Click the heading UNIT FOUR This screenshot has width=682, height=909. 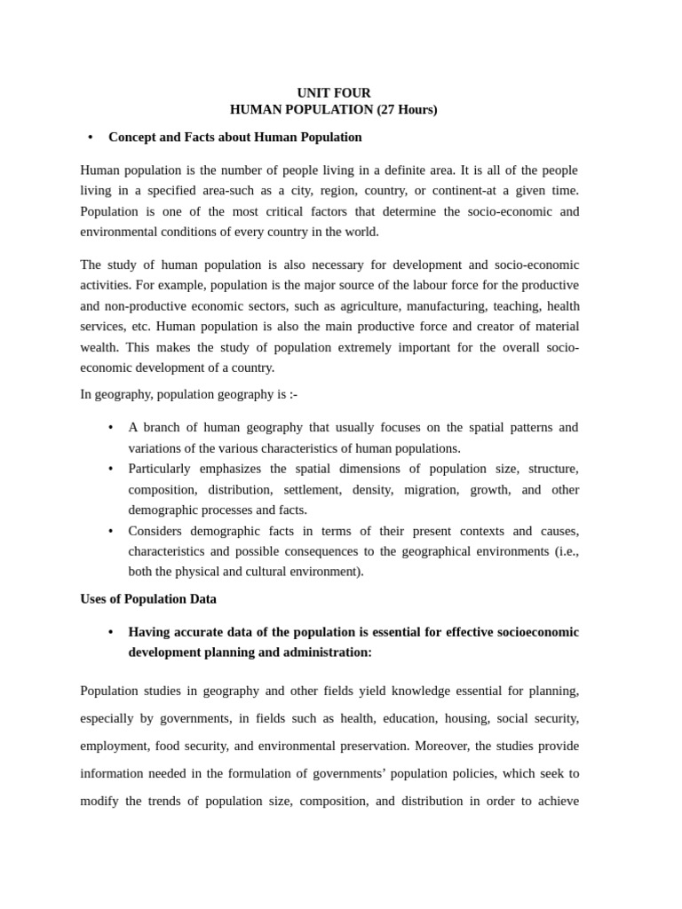coord(334,93)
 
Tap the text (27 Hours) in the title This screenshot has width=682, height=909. coord(407,110)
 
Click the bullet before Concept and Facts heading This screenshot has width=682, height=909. coord(91,138)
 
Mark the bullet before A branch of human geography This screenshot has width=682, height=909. coord(110,428)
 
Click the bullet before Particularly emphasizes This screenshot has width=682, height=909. coord(110,469)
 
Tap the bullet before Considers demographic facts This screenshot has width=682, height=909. coord(110,531)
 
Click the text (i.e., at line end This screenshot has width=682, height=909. coord(564,551)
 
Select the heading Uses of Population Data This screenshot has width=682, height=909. coord(148,599)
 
